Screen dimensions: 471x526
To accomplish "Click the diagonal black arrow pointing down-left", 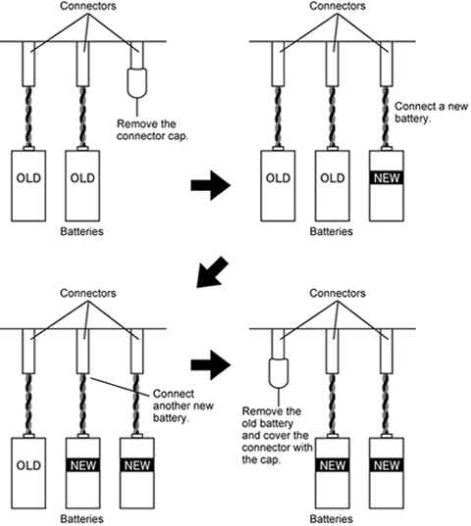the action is (x=212, y=272).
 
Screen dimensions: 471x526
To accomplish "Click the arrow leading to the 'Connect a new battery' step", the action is (x=211, y=185).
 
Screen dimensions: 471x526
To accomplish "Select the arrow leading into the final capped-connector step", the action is (x=211, y=365).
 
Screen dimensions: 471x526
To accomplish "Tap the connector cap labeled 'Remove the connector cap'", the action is (x=137, y=83).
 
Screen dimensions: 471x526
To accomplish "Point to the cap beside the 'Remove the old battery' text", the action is (x=279, y=373).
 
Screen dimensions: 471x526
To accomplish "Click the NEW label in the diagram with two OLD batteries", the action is (x=387, y=178).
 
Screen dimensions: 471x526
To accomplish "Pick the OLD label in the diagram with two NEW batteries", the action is (x=28, y=465).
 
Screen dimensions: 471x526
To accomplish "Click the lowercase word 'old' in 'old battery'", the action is (x=249, y=423).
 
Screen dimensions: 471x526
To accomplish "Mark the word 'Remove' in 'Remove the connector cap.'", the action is (x=133, y=123).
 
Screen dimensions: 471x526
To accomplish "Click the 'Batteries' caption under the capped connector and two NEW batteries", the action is (x=332, y=519).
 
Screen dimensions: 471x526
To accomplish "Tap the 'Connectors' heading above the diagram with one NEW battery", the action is (x=338, y=6).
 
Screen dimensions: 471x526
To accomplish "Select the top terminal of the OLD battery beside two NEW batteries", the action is (x=28, y=436).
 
